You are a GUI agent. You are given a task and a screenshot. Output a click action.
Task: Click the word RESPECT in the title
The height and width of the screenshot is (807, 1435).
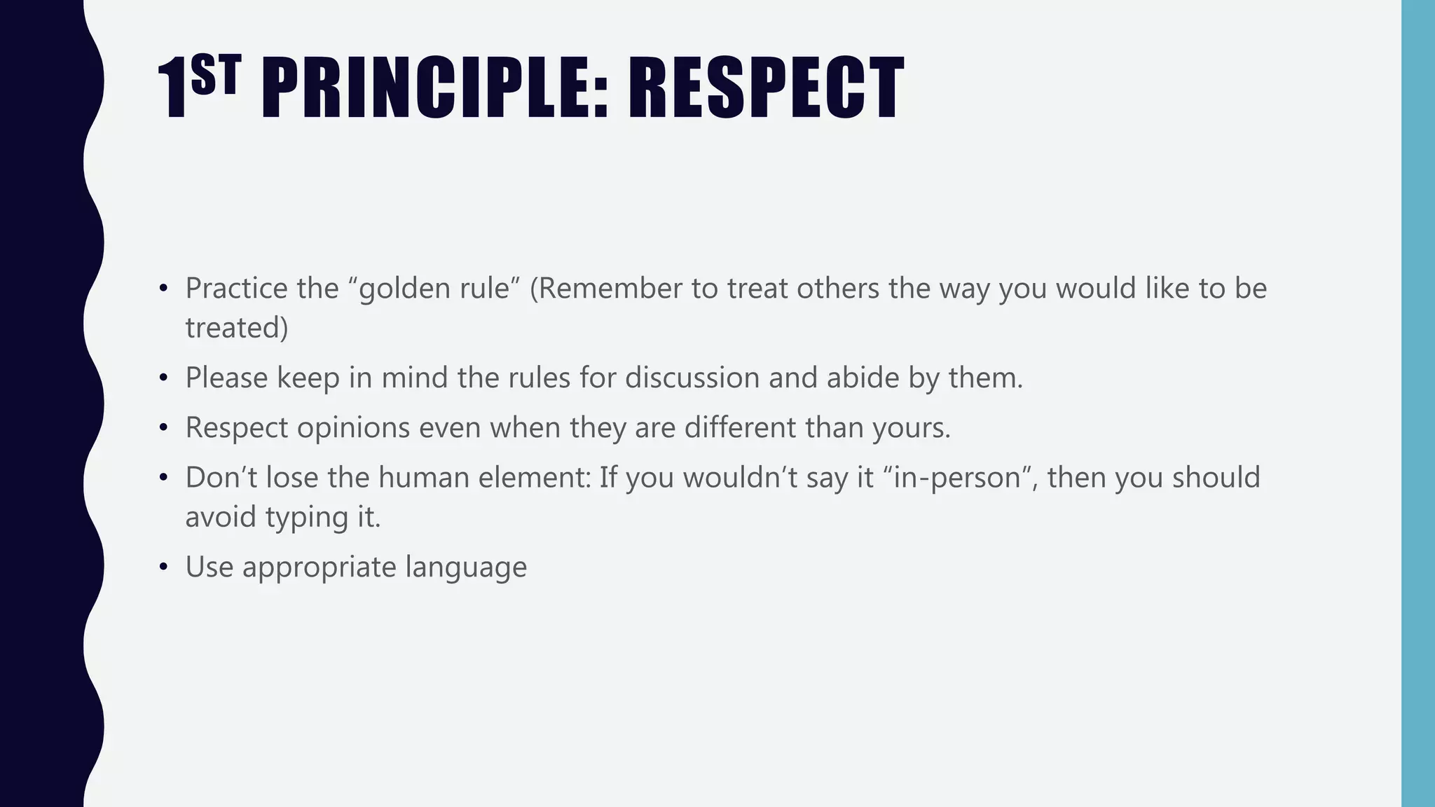(x=765, y=88)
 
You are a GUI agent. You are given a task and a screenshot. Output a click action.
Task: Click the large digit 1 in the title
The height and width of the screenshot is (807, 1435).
(x=172, y=90)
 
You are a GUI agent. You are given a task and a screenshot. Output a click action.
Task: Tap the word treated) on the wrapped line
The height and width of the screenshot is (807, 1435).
(x=237, y=328)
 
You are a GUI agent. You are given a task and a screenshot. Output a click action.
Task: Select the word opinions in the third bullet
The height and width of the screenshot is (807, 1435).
(x=353, y=428)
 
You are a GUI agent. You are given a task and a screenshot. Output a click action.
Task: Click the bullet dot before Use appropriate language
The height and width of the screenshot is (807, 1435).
(x=163, y=567)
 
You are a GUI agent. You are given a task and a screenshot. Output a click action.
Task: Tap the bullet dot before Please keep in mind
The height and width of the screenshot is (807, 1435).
(x=163, y=378)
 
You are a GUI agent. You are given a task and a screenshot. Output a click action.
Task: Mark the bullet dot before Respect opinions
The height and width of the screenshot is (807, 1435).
(x=163, y=428)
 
